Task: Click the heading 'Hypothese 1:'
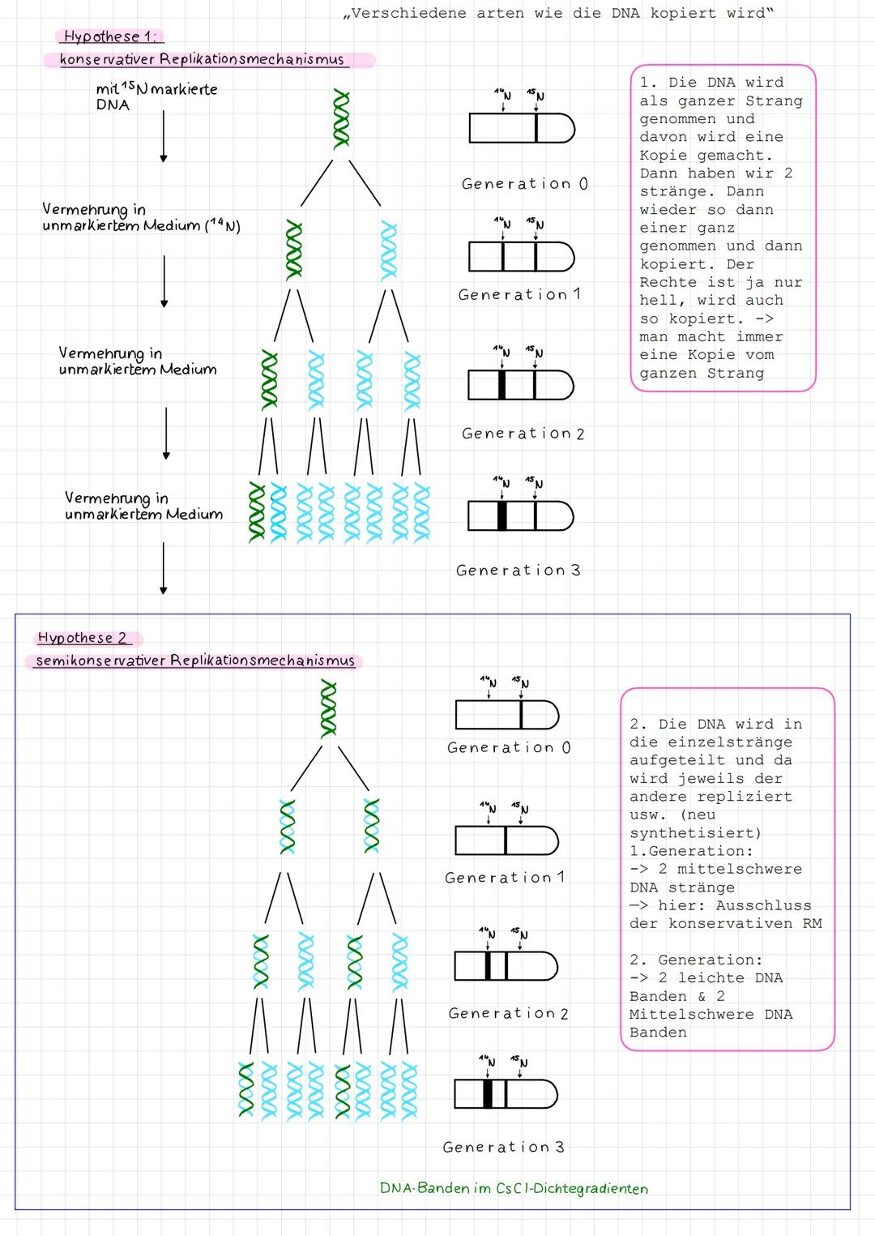pos(111,36)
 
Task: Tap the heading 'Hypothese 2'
pos(82,638)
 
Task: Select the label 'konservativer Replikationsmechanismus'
pos(202,59)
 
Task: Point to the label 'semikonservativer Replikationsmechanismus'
pos(195,661)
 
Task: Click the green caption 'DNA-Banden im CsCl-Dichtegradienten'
pos(514,1188)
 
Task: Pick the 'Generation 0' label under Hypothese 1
pos(524,184)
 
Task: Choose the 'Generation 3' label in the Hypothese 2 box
pos(503,1147)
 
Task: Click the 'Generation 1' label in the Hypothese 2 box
pos(504,877)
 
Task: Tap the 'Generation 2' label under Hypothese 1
pos(523,434)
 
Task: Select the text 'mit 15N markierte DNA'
pos(156,96)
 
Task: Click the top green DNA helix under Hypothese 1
pos(341,119)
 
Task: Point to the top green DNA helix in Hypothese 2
pos(328,708)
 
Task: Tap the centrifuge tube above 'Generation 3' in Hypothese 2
pos(506,1094)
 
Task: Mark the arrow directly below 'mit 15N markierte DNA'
pos(164,135)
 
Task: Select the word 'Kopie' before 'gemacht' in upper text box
pos(663,155)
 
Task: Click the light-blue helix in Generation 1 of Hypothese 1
pos(390,251)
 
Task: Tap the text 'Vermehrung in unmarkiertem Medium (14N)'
pos(141,217)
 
